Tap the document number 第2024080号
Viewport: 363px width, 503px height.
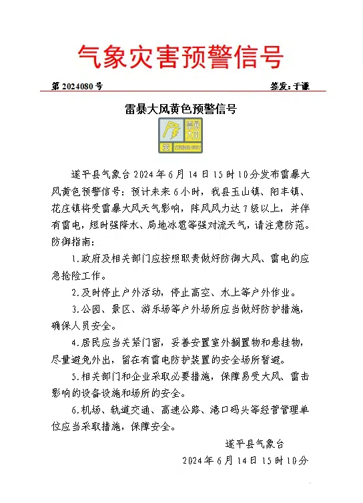tap(77, 86)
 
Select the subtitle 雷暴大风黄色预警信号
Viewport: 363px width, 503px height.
tap(181, 108)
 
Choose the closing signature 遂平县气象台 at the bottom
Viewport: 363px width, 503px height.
tap(254, 443)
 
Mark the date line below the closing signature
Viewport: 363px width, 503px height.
tap(246, 460)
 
